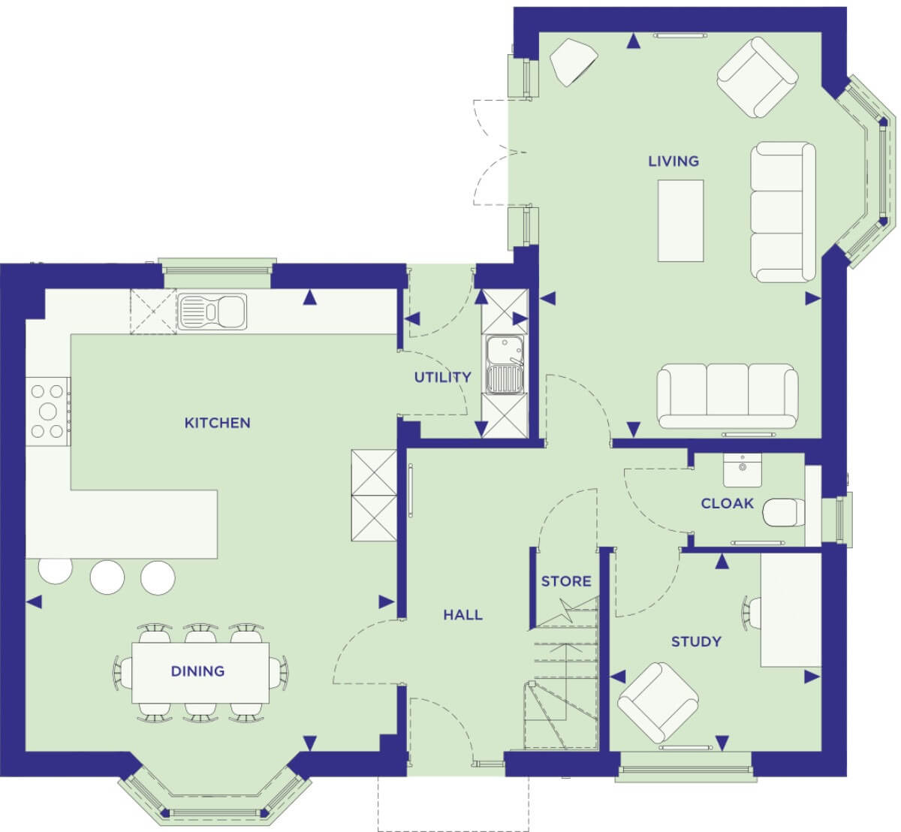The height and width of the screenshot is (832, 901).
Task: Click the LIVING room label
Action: click(673, 161)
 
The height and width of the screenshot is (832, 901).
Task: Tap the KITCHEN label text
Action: click(217, 423)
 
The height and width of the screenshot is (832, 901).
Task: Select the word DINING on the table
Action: click(197, 671)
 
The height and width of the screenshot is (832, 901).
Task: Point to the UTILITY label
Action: click(443, 377)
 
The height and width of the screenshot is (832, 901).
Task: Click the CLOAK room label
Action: click(728, 503)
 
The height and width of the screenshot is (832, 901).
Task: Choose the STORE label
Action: click(566, 581)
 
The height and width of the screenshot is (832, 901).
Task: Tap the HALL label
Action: click(463, 615)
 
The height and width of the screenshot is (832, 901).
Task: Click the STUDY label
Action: click(696, 642)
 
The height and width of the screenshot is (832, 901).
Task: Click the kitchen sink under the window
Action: click(212, 312)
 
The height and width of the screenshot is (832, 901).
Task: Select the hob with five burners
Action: click(47, 411)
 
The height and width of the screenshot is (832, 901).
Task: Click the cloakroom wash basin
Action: click(743, 470)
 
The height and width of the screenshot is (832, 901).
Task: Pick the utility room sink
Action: click(505, 364)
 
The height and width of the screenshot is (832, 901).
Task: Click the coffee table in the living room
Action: click(680, 221)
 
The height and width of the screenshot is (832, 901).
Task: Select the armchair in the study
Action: click(658, 703)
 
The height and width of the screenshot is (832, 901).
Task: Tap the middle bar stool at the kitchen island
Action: click(107, 577)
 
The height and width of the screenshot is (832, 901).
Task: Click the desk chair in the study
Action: click(752, 613)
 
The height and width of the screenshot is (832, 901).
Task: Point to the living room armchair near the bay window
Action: click(757, 77)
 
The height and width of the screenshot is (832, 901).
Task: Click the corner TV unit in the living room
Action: click(574, 62)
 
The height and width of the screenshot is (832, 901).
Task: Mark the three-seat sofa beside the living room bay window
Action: click(783, 212)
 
